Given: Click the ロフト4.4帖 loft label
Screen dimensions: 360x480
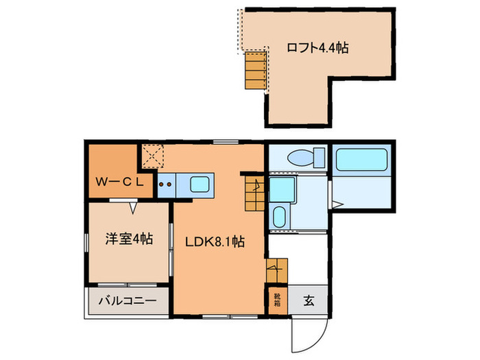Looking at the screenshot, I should pos(317,48).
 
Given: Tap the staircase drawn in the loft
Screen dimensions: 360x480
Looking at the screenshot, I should pos(255,71).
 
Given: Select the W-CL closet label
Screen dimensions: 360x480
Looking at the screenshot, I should pos(119,182).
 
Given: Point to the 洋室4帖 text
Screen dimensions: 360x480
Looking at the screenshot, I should pos(128,239).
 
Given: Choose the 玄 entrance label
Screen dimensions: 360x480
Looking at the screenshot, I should pos(309,300).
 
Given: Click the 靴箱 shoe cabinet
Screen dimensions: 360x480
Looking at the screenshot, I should pos(276,299).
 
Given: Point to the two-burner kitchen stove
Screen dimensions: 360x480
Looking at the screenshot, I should pos(165,184).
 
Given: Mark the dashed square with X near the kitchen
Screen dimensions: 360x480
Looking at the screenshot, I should pos(152,156).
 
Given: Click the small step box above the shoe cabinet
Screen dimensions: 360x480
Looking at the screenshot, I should pos(276,269).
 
